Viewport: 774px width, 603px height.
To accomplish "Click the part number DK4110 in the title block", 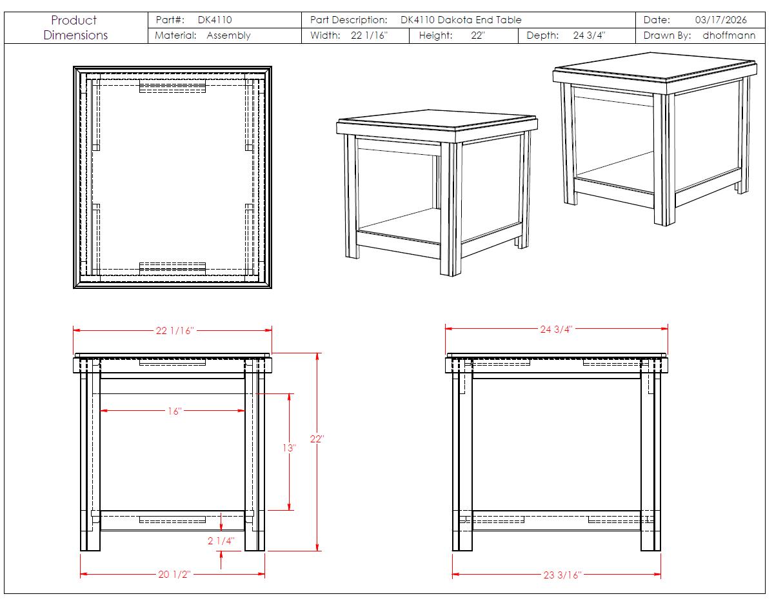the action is coord(215,20).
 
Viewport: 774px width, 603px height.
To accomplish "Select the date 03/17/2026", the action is coord(721,20).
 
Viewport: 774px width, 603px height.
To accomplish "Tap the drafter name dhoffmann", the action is coord(729,35).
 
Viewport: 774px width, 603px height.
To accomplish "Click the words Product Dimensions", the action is coord(75,28).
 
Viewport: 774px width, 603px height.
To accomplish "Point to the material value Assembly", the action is coord(229,35).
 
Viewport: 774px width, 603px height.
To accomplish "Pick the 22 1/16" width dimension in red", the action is coord(175,331).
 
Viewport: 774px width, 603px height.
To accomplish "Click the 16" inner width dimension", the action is coord(175,411).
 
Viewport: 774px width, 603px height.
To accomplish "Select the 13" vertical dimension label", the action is coord(289,448).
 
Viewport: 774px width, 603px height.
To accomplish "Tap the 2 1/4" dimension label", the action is coord(221,540).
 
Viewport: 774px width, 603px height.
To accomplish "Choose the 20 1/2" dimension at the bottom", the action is coord(175,574).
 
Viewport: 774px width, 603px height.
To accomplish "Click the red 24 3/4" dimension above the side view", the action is coord(556,329).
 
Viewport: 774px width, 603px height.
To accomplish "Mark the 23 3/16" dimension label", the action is coord(562,575).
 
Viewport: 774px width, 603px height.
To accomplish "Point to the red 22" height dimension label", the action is coord(317,439).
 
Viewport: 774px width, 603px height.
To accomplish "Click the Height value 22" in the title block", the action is coord(478,35).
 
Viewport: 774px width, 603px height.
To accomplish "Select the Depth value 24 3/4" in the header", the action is coord(589,35).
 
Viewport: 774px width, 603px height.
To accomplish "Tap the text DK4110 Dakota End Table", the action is coord(461,20).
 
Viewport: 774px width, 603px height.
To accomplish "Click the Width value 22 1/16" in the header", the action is coord(369,35).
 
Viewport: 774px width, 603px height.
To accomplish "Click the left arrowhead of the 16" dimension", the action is coord(104,411).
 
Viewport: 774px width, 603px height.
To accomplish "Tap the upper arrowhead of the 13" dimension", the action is coord(289,397).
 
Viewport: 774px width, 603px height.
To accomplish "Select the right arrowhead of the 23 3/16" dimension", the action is coord(657,574).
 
